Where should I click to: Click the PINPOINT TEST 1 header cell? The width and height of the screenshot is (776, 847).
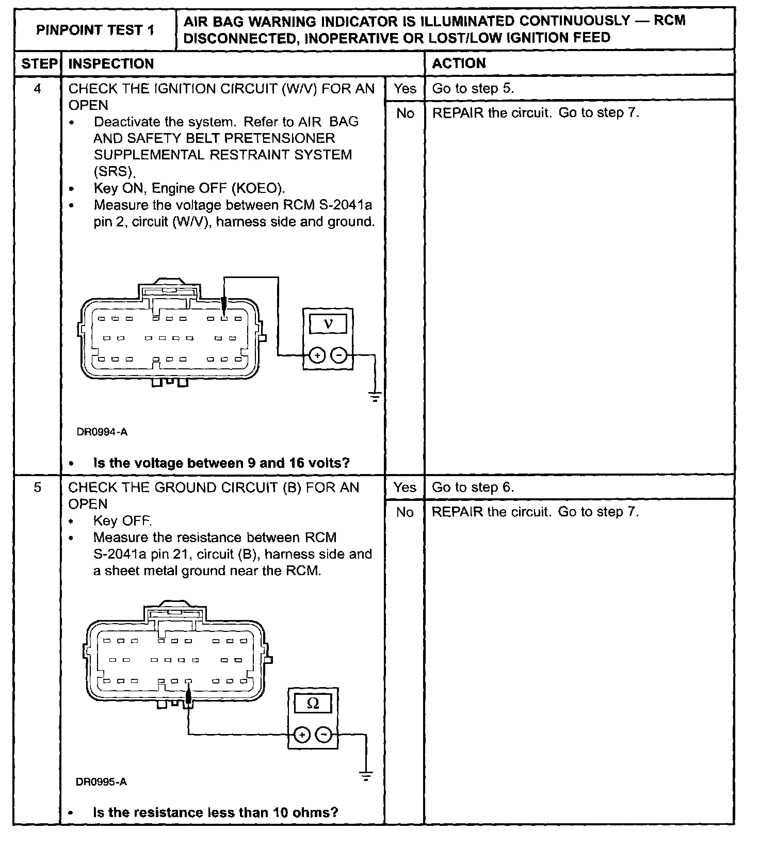point(95,29)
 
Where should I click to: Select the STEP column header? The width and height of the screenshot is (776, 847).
point(39,64)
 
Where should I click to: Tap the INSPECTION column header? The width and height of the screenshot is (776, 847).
point(111,64)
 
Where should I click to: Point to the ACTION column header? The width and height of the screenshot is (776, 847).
point(459,63)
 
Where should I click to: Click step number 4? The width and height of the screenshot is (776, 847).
point(37,89)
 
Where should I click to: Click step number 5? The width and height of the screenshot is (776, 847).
point(37,487)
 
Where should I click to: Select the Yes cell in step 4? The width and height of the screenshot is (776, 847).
point(405,89)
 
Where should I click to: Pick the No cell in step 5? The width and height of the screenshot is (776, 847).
point(405,512)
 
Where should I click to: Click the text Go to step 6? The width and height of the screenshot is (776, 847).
point(473,487)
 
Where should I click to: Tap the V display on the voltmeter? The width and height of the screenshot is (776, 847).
point(328,323)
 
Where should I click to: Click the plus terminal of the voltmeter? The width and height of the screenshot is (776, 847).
point(317,355)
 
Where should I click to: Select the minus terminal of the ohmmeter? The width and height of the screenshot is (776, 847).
point(324,735)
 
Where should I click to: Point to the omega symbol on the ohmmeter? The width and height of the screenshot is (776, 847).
point(313,703)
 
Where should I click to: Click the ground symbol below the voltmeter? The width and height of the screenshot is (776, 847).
point(375,397)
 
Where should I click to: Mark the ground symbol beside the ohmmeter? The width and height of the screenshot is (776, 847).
point(365,776)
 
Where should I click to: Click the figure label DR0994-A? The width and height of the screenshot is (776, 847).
point(102,432)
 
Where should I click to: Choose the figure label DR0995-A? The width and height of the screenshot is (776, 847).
point(101,782)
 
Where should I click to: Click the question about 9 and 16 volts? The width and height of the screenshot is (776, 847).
point(221,463)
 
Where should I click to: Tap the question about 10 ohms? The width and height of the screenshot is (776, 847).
point(215,812)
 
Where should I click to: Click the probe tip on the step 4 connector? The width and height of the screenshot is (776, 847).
point(224,308)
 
